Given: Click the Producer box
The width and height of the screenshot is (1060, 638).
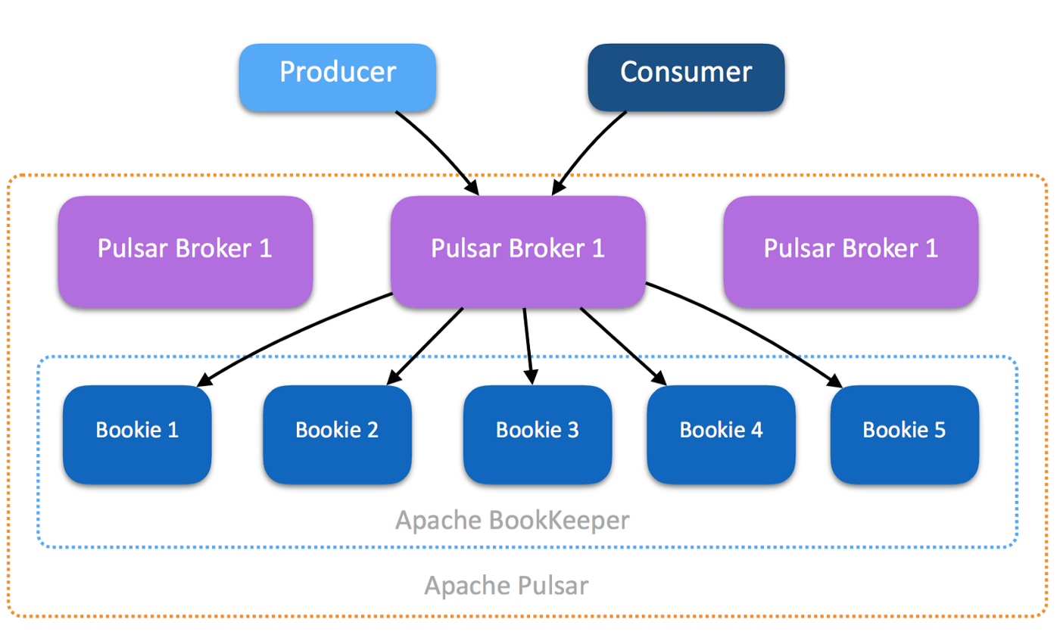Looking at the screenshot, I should [x=337, y=73].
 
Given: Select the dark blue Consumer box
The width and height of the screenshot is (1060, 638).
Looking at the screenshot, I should [x=686, y=73].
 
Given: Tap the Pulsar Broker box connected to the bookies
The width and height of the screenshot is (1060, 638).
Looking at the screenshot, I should [x=518, y=251].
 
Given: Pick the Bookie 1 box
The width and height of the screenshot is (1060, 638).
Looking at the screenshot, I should [x=137, y=432].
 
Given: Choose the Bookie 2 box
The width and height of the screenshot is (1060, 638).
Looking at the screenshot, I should [x=337, y=432].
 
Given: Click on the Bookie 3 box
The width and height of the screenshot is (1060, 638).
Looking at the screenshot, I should [x=537, y=432].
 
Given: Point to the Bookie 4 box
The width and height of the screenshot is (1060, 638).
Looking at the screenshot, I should [x=721, y=432].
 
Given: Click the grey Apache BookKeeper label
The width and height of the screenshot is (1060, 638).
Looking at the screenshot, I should [x=513, y=521].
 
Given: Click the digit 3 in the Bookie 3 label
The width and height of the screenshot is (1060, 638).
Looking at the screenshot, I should [x=572, y=431].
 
